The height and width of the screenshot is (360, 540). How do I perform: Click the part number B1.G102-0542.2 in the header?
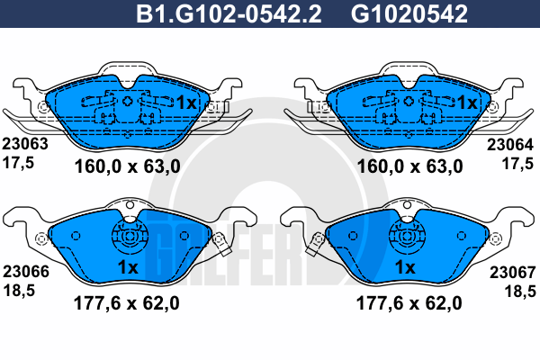pyautogui.click(x=229, y=13)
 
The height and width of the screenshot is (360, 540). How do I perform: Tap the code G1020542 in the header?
pyautogui.click(x=409, y=13)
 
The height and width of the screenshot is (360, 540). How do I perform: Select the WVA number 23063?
pyautogui.click(x=25, y=144)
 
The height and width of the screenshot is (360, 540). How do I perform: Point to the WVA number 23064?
pyautogui.click(x=510, y=145)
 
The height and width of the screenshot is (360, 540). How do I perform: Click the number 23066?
pyautogui.click(x=26, y=272)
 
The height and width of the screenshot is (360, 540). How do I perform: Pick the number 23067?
pyautogui.click(x=513, y=273)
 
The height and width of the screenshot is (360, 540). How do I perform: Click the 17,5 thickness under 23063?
pyautogui.click(x=18, y=163)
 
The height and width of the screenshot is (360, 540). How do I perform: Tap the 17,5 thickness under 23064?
pyautogui.click(x=518, y=164)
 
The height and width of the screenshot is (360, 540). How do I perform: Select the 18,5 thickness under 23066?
pyautogui.click(x=19, y=291)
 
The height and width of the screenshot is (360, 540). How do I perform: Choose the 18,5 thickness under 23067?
pyautogui.click(x=520, y=292)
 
